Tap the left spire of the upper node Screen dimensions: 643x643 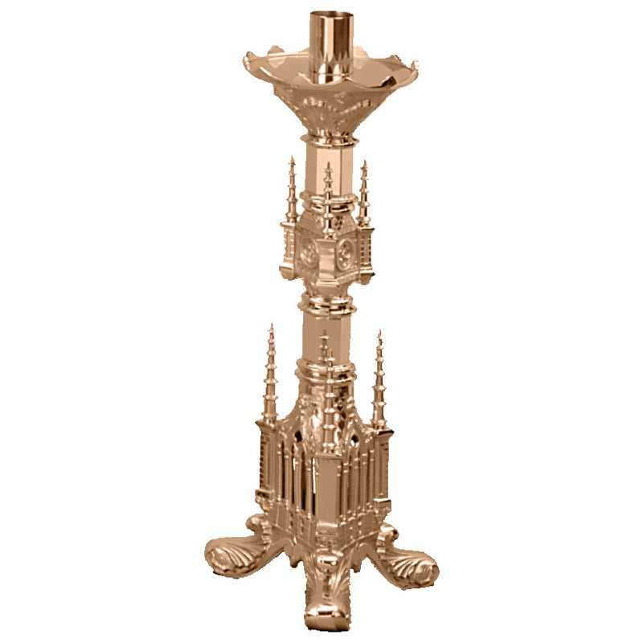tap(291, 193)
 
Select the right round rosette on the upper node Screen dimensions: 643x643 tap(346, 255)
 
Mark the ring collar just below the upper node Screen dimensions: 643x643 tap(327, 305)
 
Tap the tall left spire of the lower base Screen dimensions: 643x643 tap(270, 378)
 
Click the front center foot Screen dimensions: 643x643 tap(325, 595)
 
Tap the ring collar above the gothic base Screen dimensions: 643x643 tap(326, 371)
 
